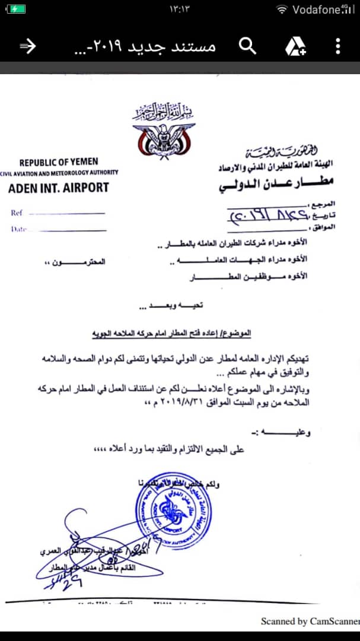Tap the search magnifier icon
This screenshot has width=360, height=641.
pos(247,46)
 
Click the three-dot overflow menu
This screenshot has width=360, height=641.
pos(337,46)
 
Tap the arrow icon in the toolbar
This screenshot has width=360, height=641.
pos(28,46)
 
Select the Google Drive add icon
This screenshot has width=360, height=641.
pos(295,46)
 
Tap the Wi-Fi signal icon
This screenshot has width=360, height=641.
pos(283,9)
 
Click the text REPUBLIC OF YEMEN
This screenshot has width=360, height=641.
pos(59,162)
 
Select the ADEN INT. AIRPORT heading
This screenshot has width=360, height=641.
pos(59,188)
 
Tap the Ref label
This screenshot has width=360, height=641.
pos(17,212)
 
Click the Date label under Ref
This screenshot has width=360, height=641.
pos(18,229)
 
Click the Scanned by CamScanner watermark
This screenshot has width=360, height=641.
pos(310,621)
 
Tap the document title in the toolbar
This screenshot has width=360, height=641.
pos(144,46)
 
